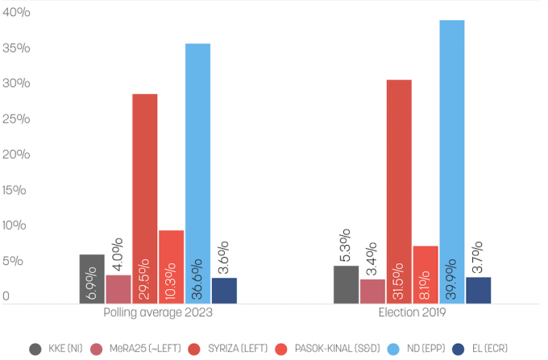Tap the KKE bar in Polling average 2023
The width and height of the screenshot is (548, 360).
coord(92,279)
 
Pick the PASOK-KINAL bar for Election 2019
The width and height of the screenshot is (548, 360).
coord(426,274)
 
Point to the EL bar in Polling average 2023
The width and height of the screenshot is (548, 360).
coord(224,290)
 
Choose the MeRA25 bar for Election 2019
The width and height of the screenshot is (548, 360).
coord(372,291)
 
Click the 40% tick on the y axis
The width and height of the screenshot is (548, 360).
coord(15,12)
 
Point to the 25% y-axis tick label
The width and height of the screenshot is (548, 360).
coord(15,119)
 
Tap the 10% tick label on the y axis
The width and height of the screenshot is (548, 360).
coord(15,226)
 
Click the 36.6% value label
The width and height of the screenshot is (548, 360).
coord(197,279)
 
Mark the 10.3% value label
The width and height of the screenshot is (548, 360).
coord(171,279)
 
